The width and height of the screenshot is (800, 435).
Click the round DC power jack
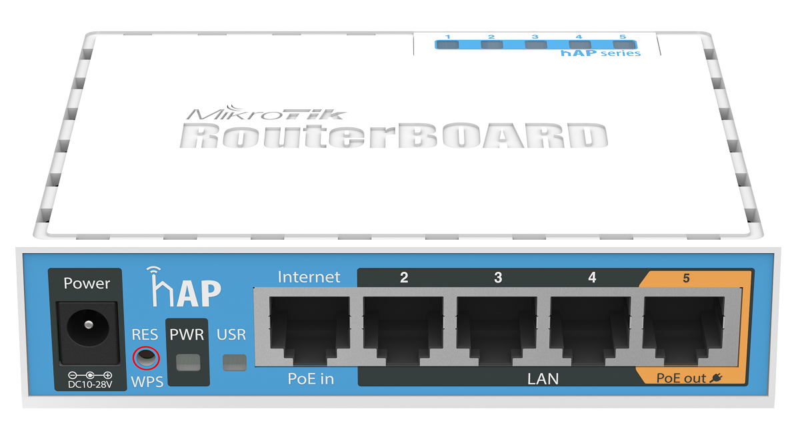click(x=88, y=326)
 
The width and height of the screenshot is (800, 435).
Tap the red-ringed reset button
click(x=146, y=358)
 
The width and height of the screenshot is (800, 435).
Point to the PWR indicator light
click(x=188, y=362)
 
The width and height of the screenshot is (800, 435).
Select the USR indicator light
click(x=234, y=362)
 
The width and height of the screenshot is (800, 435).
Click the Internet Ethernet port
click(x=309, y=330)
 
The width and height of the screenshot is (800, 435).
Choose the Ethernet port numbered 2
click(x=403, y=330)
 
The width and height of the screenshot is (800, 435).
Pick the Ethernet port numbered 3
click(x=497, y=330)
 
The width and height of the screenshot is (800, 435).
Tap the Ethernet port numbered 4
click(x=591, y=330)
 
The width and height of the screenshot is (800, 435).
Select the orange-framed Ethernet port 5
click(x=683, y=330)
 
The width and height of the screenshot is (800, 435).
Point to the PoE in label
click(x=311, y=378)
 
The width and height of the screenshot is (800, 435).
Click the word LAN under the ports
click(x=543, y=379)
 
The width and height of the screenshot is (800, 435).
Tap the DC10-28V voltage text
click(x=90, y=384)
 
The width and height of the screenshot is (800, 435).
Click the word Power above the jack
click(x=87, y=283)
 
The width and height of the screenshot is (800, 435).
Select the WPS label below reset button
click(x=147, y=382)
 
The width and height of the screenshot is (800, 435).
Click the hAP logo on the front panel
click(x=184, y=287)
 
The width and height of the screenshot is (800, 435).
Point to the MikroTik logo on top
click(x=266, y=113)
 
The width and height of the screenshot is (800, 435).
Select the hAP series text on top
click(x=601, y=53)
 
